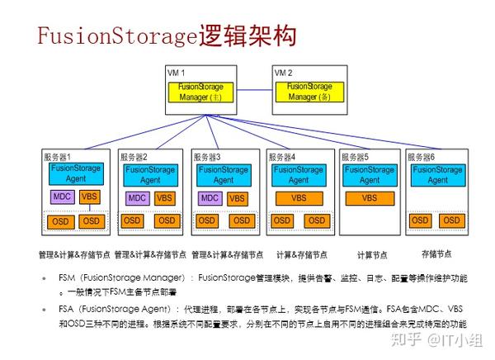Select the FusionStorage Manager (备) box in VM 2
click(309, 92)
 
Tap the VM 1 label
click(177, 73)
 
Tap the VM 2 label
click(283, 73)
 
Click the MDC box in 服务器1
click(61, 197)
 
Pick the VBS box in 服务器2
click(164, 198)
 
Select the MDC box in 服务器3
click(210, 198)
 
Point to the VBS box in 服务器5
click(369, 198)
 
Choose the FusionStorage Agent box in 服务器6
click(437, 175)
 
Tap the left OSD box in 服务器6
click(420, 220)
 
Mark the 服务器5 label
click(356, 156)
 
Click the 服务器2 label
click(134, 156)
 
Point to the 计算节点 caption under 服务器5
click(372, 255)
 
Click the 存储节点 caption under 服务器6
click(439, 254)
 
